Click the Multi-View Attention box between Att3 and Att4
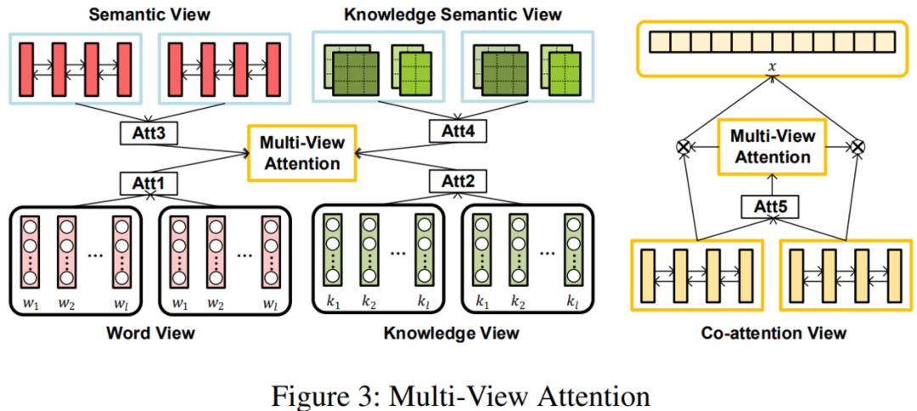coord(301,153)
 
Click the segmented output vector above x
coord(771,42)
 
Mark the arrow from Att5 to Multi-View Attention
coord(773,185)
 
